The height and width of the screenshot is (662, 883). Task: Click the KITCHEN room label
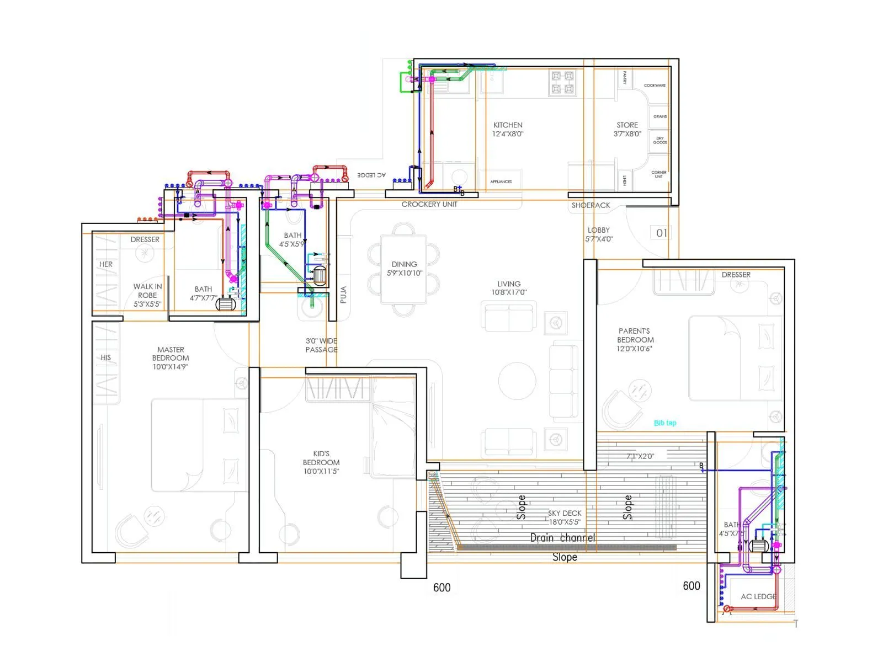tap(508, 129)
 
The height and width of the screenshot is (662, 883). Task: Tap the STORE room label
tap(627, 129)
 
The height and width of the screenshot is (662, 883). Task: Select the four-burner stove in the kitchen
tap(563, 83)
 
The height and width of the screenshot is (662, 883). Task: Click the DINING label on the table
tap(404, 268)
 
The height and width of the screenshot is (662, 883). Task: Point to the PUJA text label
tap(343, 295)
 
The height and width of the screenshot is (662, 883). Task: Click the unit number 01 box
tap(661, 233)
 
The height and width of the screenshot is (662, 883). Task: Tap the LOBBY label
tap(599, 234)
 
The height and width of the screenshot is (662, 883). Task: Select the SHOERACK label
tap(591, 205)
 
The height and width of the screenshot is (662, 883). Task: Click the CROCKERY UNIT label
tap(429, 204)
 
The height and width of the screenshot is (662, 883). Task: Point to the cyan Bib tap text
tap(665, 423)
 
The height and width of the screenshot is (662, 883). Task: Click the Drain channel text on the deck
tap(562, 538)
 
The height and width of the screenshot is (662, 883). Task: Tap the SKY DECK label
tap(564, 517)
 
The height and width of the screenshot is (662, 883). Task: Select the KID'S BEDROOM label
tap(321, 462)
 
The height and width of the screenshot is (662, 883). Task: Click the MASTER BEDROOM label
tap(171, 357)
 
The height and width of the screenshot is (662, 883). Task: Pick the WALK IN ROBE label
tap(147, 295)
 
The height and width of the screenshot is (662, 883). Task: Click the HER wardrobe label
tap(106, 264)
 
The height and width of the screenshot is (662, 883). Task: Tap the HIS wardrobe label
tap(106, 357)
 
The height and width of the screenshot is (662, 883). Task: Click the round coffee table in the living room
tap(517, 381)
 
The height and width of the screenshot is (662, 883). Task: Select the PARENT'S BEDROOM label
tap(635, 340)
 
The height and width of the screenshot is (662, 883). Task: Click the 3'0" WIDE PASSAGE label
tap(321, 345)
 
